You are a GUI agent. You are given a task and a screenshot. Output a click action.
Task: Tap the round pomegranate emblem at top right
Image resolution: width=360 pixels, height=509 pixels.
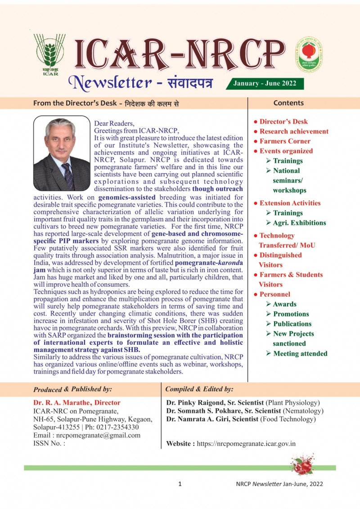pos(309,55)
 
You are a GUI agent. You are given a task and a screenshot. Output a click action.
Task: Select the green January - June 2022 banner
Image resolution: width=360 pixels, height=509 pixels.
pos(268,84)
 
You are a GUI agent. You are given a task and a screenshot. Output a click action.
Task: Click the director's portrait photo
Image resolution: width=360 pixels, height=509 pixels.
pos(62,153)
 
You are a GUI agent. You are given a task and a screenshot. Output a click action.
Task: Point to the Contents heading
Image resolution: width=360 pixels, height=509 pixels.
pos(288,103)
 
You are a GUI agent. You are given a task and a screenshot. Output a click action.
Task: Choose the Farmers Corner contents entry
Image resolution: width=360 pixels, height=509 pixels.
pos(285,141)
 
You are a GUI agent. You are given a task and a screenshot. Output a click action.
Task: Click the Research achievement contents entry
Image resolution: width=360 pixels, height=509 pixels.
pos(294,131)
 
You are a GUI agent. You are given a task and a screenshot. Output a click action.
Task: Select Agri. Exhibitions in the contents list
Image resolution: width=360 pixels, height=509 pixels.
pos(299,223)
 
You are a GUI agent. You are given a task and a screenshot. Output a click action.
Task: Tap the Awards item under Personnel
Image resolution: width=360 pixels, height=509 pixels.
pos(284,304)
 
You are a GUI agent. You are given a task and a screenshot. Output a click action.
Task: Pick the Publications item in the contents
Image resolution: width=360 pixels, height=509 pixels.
pos(292,324)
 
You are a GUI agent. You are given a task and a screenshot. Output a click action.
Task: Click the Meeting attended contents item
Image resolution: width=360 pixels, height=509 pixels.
pos(300,353)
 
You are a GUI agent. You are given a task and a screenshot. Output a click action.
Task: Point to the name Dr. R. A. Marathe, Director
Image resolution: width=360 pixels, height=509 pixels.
pos(77,403)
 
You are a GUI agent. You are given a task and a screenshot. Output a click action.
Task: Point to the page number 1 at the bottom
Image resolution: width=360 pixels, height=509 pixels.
pos(180,484)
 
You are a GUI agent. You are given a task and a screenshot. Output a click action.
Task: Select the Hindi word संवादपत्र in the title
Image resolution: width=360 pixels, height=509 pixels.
pos(184,83)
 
